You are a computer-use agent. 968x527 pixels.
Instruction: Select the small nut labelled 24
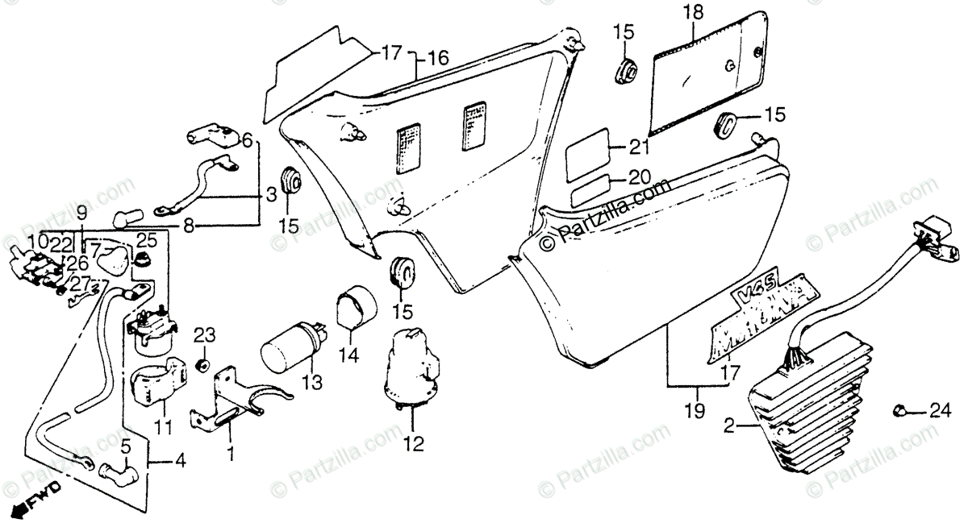(901, 411)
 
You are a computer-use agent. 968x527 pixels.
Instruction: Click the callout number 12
(412, 444)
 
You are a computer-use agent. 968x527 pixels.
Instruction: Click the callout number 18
(693, 13)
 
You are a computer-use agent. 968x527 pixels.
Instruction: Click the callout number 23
(204, 334)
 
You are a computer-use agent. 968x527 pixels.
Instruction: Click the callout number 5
(125, 445)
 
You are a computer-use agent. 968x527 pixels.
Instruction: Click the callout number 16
(438, 58)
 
